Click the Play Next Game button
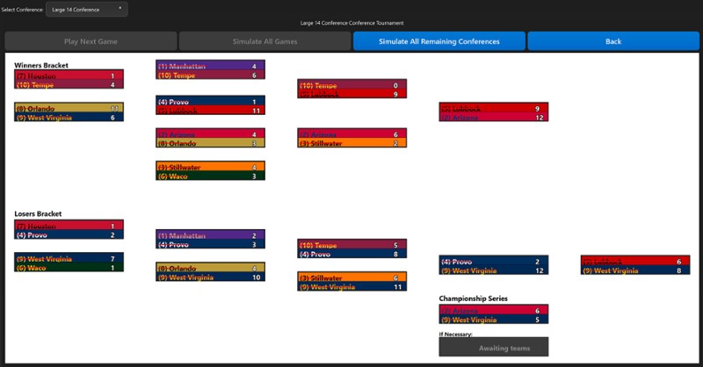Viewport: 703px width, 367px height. (91, 41)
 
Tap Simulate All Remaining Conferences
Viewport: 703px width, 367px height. (438, 41)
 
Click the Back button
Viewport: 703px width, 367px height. (612, 41)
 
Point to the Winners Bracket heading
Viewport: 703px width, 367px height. (41, 65)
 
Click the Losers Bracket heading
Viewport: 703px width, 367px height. (38, 213)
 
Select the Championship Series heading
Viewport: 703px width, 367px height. (474, 299)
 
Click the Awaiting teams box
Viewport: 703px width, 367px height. (493, 348)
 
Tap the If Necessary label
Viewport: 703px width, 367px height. (456, 334)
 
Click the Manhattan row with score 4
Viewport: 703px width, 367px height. (210, 66)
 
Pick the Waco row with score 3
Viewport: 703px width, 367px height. (210, 176)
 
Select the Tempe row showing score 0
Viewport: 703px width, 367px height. (351, 85)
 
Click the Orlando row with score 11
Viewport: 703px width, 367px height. (69, 108)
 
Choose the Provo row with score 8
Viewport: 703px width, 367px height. (351, 255)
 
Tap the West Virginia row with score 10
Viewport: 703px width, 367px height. (210, 277)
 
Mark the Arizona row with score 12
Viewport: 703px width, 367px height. (493, 118)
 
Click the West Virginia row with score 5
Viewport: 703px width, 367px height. (493, 320)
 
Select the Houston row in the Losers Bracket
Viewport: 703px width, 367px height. (69, 226)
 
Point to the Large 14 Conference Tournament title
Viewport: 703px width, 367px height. (351, 23)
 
